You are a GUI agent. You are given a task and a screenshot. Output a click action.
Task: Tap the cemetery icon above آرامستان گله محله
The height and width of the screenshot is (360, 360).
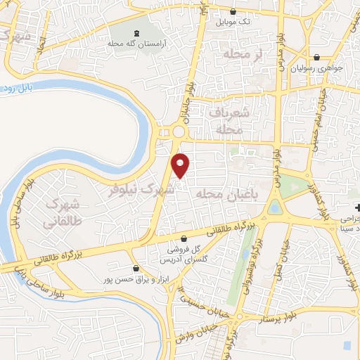tap(136, 33)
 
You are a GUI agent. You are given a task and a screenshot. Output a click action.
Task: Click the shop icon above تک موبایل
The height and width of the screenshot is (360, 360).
tap(233, 11)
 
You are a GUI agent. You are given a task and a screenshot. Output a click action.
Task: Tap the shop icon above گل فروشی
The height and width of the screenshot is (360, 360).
tap(184, 238)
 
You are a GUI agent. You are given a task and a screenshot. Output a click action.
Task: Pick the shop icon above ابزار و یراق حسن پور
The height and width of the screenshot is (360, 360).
tap(136, 267)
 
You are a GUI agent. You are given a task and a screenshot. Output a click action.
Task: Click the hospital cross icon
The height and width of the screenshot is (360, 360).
tap(357, 209)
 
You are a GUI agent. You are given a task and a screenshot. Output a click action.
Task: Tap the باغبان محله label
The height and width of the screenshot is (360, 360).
tap(223, 193)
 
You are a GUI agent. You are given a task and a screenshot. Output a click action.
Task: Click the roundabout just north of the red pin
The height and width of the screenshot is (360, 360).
tap(179, 132)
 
